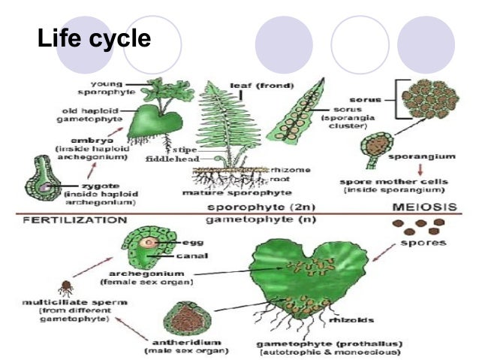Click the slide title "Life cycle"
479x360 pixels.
(94, 39)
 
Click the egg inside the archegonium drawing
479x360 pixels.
(152, 243)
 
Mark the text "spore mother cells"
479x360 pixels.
(381, 182)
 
